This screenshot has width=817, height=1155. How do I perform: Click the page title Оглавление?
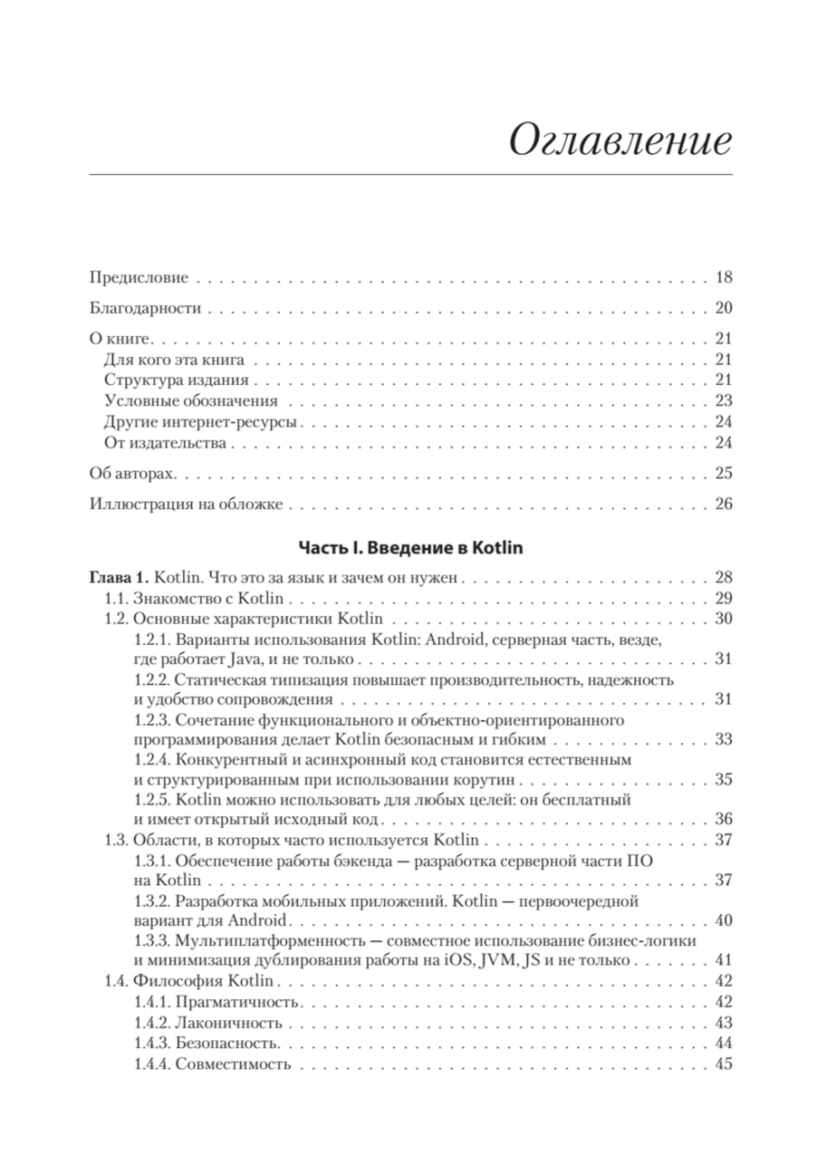(x=619, y=140)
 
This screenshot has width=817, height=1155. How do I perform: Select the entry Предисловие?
(x=138, y=278)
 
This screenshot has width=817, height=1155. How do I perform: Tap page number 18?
(x=723, y=278)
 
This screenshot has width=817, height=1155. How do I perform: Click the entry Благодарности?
(x=145, y=309)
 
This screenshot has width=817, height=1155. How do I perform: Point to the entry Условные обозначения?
(x=191, y=401)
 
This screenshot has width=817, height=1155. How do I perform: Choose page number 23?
(x=723, y=401)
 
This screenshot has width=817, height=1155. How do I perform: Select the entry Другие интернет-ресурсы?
(x=200, y=423)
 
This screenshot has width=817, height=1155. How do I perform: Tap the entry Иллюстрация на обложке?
(x=185, y=504)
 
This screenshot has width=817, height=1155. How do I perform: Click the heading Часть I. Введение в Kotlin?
(x=410, y=547)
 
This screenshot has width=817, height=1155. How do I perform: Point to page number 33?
(x=723, y=740)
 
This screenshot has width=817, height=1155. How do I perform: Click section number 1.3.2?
(x=153, y=902)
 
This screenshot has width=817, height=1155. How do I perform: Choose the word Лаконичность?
(x=229, y=1023)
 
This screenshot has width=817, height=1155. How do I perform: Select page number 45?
(x=723, y=1064)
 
